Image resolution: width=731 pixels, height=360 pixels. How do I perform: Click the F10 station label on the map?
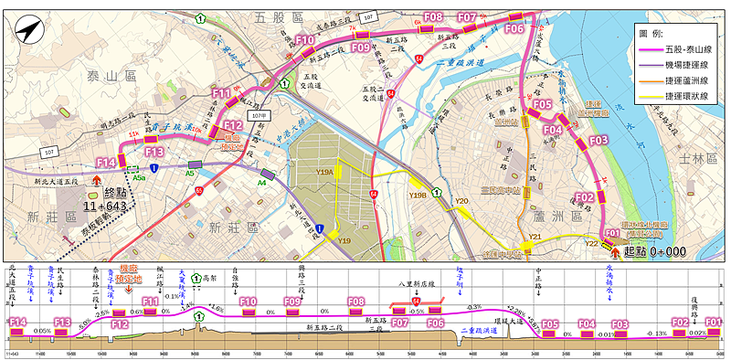point(305,40)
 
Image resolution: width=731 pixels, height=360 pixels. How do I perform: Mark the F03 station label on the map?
point(599,141)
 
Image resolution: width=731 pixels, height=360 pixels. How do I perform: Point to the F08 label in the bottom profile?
point(356,301)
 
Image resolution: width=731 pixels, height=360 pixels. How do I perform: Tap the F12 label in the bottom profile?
point(120,323)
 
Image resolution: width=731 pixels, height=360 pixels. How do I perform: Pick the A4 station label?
point(260,182)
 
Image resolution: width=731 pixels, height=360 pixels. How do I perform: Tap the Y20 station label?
point(461,201)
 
